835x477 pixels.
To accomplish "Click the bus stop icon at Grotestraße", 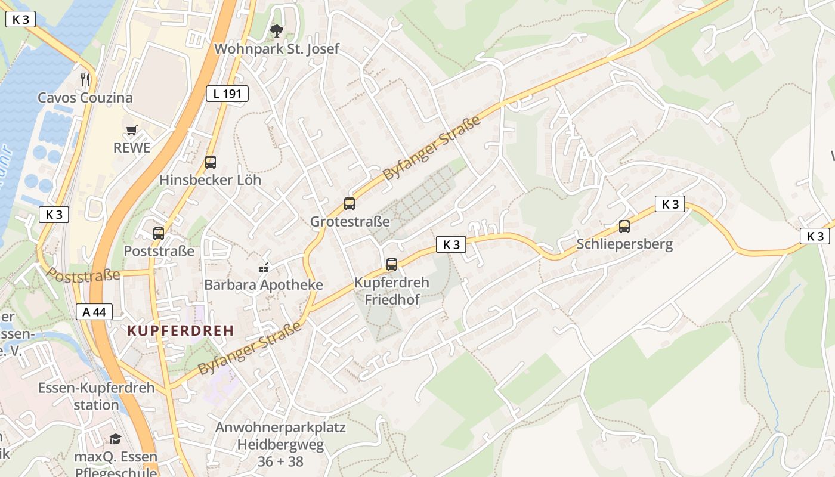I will tap(350, 204).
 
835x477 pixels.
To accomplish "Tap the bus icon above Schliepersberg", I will tap(624, 227).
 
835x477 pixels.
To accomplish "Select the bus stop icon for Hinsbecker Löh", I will tap(210, 162).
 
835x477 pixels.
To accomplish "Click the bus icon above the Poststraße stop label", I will tap(158, 234).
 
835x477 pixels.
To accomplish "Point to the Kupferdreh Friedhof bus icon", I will tap(392, 264).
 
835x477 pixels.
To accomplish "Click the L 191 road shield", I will tap(227, 93).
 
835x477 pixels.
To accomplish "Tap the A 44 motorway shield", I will tap(94, 311).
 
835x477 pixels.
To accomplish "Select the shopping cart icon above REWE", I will tap(131, 130).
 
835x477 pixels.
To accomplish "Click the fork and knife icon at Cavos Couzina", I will tap(85, 79).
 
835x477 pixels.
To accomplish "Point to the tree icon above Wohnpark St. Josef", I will tap(276, 30).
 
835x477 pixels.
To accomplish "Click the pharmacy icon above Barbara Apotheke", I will tap(264, 268).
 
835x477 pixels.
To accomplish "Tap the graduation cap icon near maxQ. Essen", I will tap(115, 439).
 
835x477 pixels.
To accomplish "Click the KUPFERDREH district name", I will tap(180, 331).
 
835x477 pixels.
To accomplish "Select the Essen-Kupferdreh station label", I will tap(96, 396).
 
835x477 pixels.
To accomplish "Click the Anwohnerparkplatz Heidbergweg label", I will tap(280, 444).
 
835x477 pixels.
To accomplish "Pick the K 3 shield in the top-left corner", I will tap(20, 19).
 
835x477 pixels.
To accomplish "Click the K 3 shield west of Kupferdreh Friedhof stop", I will tap(451, 244).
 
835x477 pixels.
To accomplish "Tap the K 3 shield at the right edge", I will tap(815, 236).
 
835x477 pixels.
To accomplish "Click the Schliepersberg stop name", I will tap(624, 244).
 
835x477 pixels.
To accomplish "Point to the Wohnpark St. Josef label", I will tap(276, 49).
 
